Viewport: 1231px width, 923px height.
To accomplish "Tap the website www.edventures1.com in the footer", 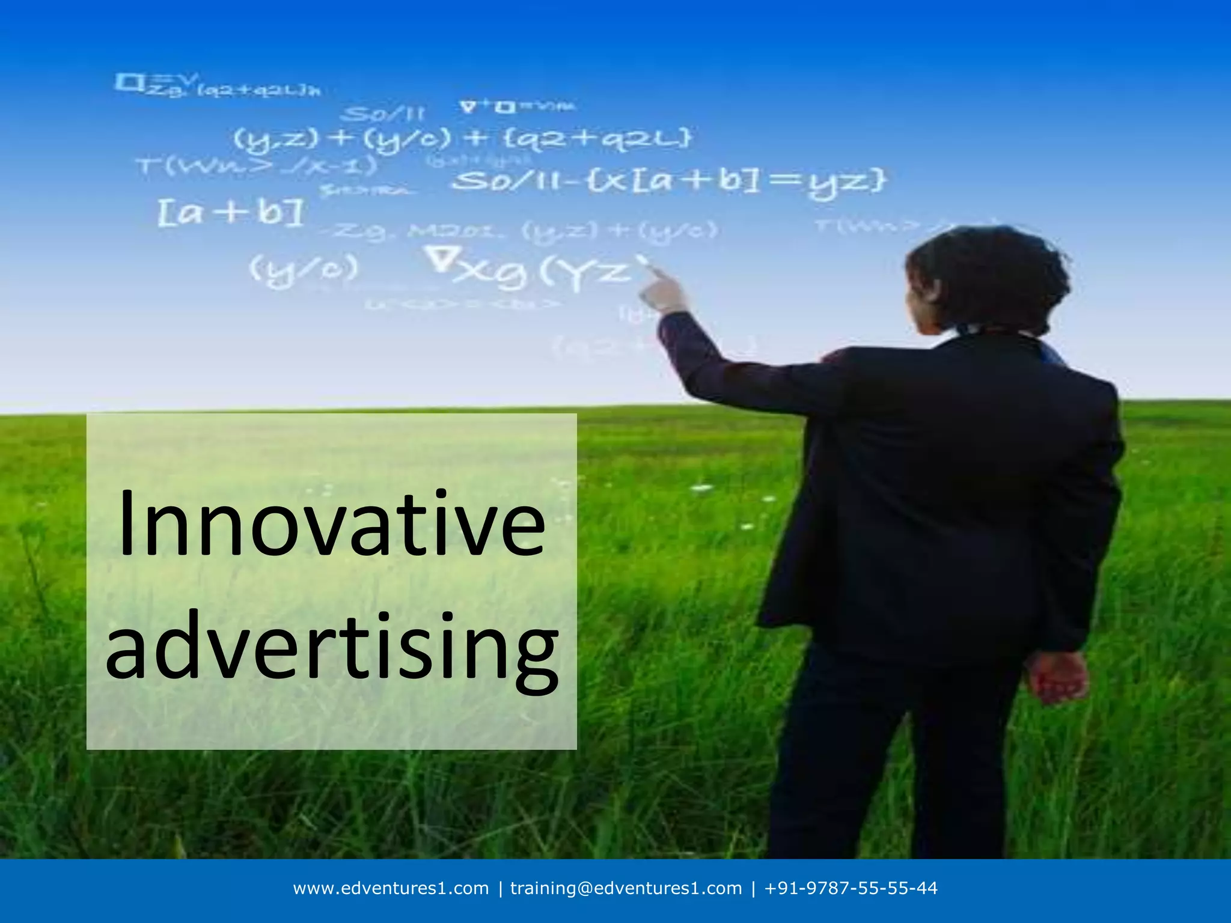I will pyautogui.click(x=391, y=888).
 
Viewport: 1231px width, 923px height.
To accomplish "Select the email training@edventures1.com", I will pyautogui.click(x=626, y=888).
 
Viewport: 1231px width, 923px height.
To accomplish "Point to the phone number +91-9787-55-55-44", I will pyautogui.click(x=851, y=888).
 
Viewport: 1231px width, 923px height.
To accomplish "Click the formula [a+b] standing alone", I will pyautogui.click(x=231, y=213).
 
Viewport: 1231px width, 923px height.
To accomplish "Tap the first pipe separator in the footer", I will pyautogui.click(x=500, y=888).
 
